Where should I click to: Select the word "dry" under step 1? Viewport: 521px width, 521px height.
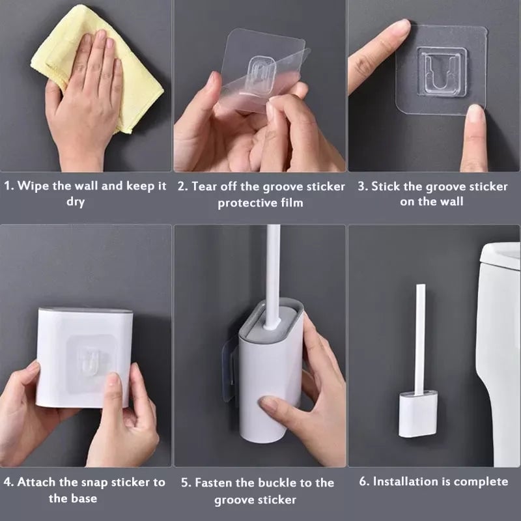pos(76,202)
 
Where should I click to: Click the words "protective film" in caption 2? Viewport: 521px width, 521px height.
pos(260,203)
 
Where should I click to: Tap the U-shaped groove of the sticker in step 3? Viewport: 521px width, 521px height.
pos(442,72)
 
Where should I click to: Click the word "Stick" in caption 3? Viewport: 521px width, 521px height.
pos(386,186)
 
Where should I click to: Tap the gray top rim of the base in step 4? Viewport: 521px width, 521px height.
pos(85,311)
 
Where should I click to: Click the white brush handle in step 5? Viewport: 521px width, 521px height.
pos(272,274)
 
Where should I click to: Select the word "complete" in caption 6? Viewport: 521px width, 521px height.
pos(475,482)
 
